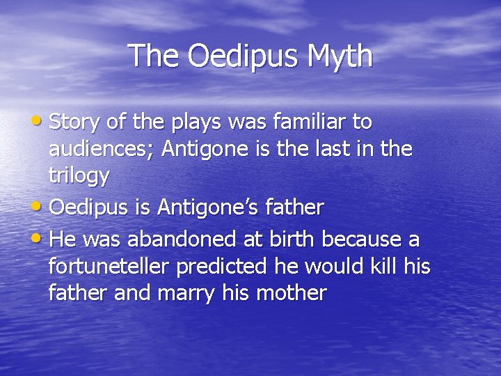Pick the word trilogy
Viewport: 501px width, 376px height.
[x=79, y=176]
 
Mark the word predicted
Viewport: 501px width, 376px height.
[x=230, y=266]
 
